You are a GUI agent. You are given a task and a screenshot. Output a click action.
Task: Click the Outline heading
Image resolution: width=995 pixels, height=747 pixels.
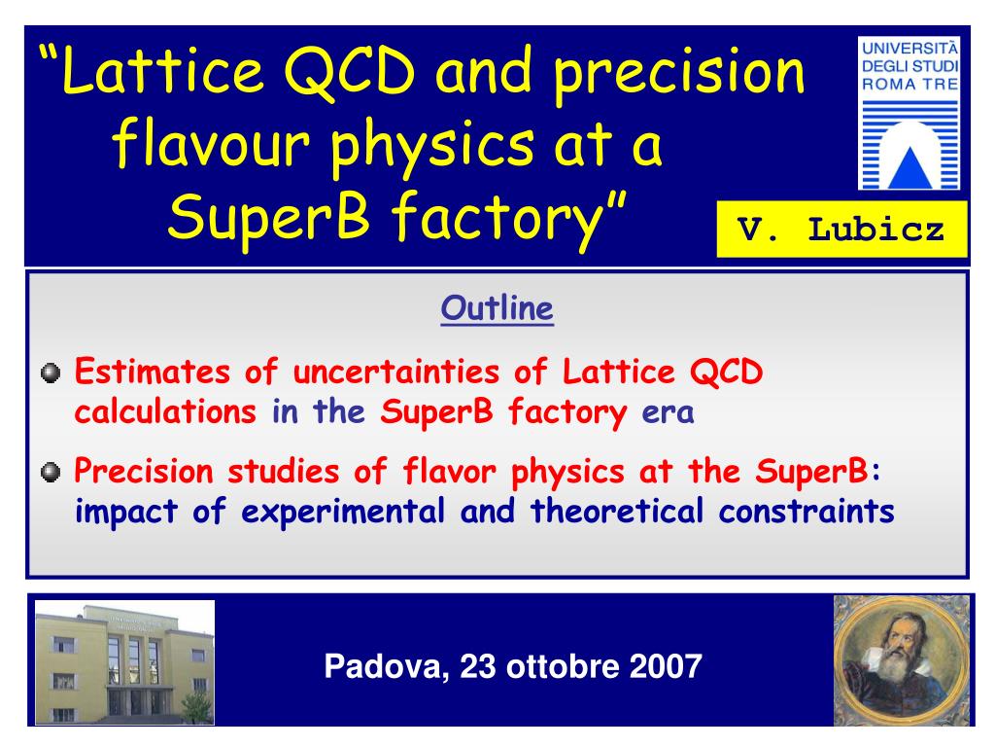[x=497, y=308]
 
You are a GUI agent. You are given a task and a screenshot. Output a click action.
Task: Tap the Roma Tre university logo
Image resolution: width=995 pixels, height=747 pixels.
[x=909, y=113]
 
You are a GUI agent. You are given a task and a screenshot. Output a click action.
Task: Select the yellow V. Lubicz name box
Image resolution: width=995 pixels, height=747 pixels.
[x=841, y=230]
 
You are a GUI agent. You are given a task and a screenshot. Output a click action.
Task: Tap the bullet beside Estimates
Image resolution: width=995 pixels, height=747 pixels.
[x=51, y=373]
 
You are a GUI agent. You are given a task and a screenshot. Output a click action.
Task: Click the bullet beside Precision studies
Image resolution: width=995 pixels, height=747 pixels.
[x=51, y=472]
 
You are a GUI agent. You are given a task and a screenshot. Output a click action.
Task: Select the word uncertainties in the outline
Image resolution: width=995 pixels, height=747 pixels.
[x=396, y=372]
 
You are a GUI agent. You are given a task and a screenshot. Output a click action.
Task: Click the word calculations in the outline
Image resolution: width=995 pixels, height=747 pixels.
[x=165, y=411]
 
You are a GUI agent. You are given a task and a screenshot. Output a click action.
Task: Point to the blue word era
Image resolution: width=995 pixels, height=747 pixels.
[x=668, y=412]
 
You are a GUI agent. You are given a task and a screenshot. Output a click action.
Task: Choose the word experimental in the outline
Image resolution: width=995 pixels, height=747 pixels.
[x=343, y=512]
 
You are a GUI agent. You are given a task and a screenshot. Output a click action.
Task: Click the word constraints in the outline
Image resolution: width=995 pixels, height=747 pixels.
[x=806, y=511]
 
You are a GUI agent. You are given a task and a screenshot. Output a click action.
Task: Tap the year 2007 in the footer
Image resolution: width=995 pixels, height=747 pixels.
[x=666, y=666]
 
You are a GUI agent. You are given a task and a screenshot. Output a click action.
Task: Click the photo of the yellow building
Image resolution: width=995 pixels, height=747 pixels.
[x=124, y=662]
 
